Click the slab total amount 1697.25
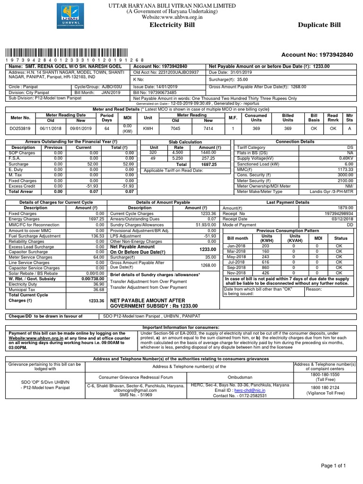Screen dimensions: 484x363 tap(208, 164)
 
